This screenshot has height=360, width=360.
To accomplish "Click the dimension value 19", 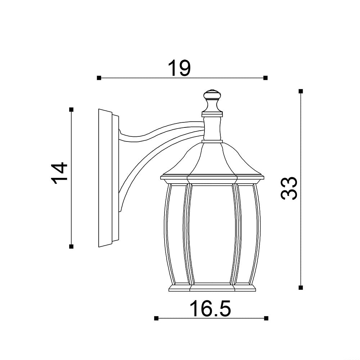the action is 179,68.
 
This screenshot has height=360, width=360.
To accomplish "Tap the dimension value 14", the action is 59,174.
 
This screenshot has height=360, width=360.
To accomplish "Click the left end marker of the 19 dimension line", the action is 99,78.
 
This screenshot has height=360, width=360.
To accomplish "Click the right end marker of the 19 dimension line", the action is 265,78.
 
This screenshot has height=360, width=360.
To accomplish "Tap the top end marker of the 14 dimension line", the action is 71,109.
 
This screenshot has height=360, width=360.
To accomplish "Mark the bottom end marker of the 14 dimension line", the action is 71,247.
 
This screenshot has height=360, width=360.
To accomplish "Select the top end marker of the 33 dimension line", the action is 301,91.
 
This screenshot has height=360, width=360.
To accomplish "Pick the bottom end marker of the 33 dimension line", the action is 301,287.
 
